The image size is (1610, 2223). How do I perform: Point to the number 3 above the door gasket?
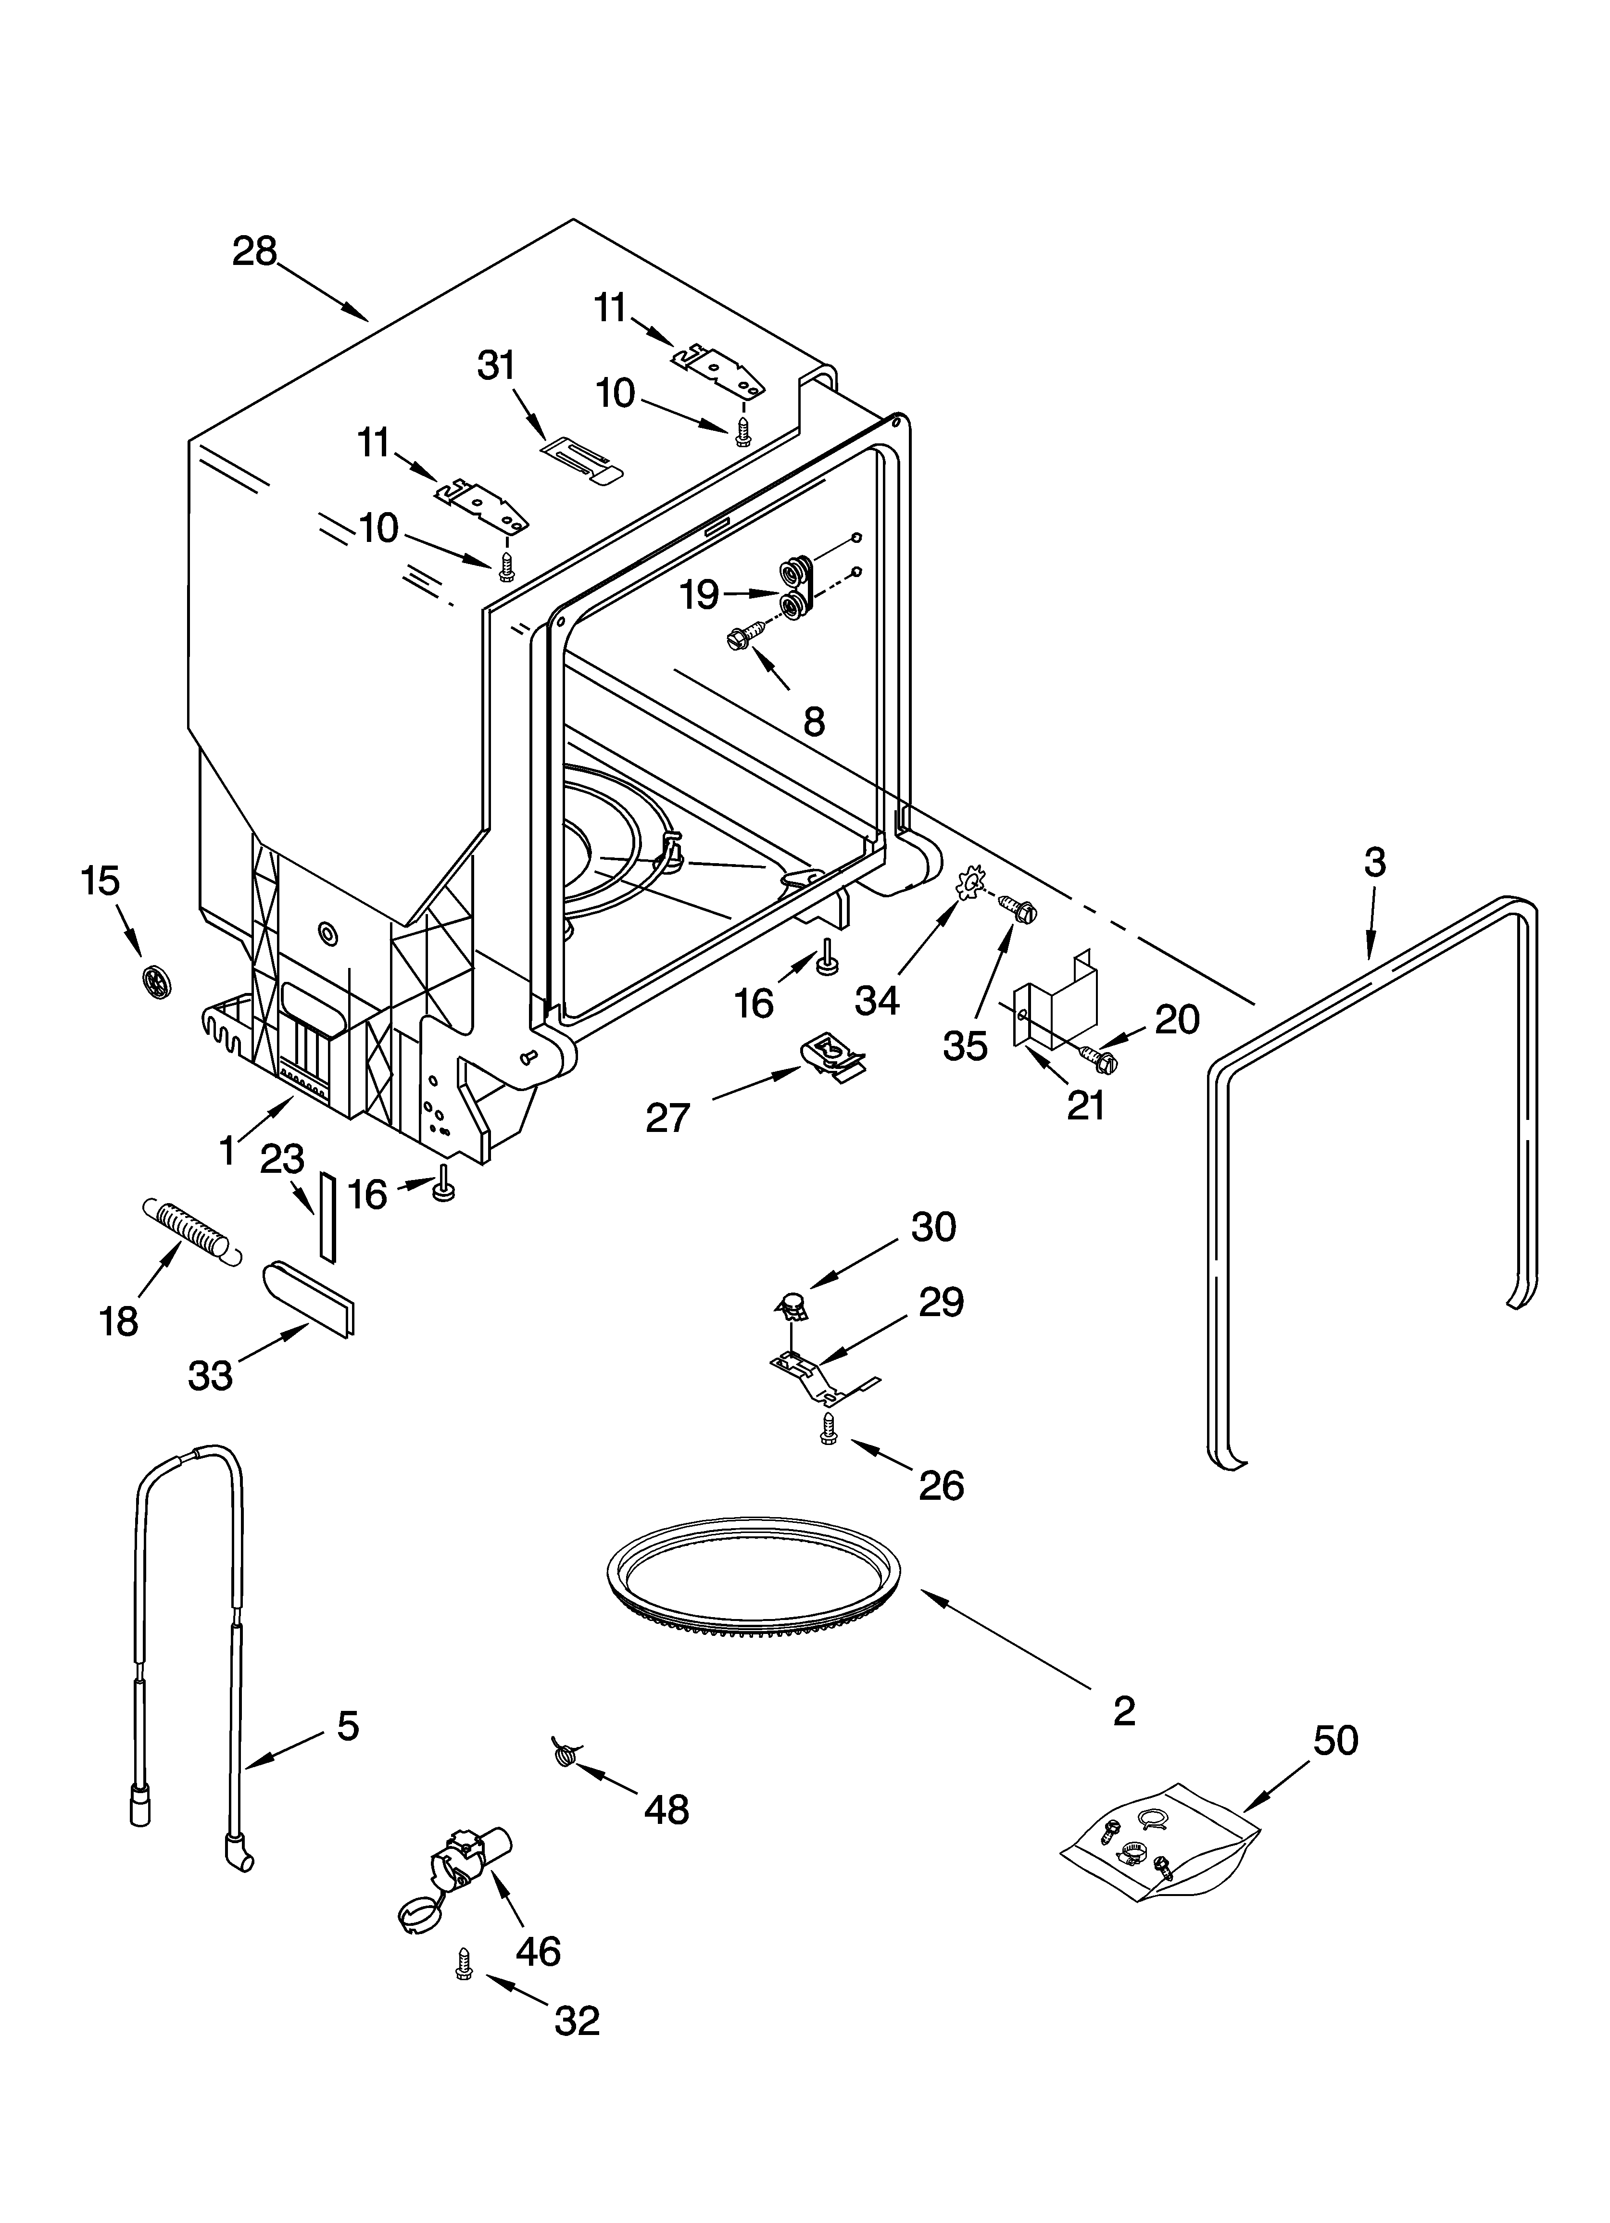tap(1375, 863)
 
